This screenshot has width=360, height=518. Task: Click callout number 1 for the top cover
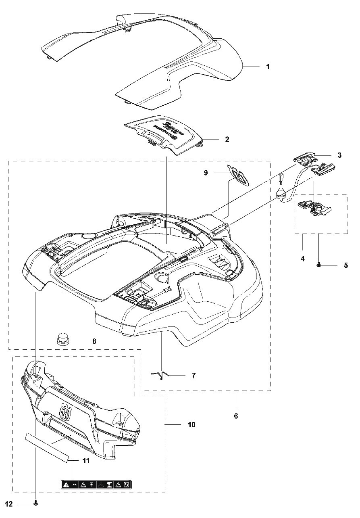click(x=268, y=67)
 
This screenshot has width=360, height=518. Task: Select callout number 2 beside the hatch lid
click(x=227, y=139)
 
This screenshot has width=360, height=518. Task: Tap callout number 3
click(x=339, y=155)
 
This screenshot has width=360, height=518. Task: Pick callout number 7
click(x=194, y=375)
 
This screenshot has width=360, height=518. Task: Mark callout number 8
click(x=94, y=341)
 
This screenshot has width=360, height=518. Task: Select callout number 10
click(x=191, y=425)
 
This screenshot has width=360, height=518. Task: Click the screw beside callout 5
click(x=319, y=265)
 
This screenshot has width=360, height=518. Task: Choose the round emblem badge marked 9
click(x=239, y=175)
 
